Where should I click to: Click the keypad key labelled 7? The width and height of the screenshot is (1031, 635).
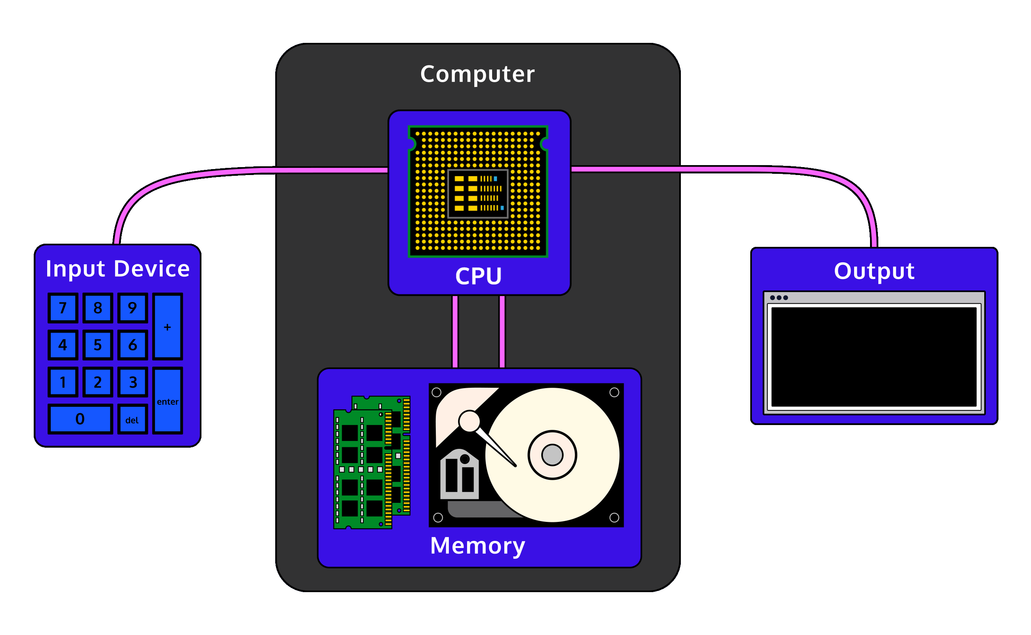coord(63,308)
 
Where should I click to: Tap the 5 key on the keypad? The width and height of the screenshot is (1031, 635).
coord(98,345)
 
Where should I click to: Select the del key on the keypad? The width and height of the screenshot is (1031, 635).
coord(132,419)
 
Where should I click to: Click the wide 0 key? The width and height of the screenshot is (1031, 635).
coord(80,419)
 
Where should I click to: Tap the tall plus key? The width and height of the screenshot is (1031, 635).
coord(167,327)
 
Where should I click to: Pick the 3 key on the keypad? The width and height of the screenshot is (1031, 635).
coord(132,382)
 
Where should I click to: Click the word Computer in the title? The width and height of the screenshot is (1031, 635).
coord(477,74)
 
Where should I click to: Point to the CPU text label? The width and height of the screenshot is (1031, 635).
coord(478,276)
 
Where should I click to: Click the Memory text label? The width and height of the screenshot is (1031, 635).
coord(477,545)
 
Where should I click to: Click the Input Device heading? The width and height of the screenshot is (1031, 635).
coord(117,269)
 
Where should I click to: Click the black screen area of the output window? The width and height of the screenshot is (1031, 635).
coord(874,357)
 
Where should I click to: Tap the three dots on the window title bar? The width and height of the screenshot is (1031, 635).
coord(779,298)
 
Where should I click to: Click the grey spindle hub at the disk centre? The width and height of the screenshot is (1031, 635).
coord(552,455)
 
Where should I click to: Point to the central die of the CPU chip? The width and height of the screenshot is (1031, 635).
coord(478,194)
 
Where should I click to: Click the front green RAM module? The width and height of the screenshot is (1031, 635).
coord(362,469)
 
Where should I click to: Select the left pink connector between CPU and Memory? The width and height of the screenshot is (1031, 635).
coord(455,332)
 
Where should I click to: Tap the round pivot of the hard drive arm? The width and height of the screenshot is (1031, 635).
coord(469,421)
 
